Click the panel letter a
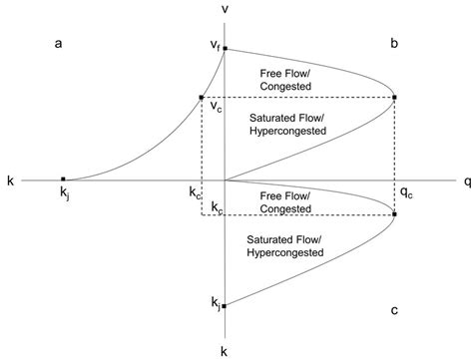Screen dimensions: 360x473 (x=59, y=45)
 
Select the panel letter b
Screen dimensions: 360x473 (x=395, y=45)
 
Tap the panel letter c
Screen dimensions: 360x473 (x=395, y=311)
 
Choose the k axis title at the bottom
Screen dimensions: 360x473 (x=227, y=351)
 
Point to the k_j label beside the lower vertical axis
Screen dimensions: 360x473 (x=214, y=301)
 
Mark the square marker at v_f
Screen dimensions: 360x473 (x=227, y=48)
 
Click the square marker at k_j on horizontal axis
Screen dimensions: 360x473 (x=63, y=180)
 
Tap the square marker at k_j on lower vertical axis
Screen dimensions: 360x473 (x=227, y=306)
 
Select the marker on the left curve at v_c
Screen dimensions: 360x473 (x=202, y=97)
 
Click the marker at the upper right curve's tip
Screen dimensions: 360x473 (x=396, y=97)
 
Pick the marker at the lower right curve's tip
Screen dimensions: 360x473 (x=396, y=213)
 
